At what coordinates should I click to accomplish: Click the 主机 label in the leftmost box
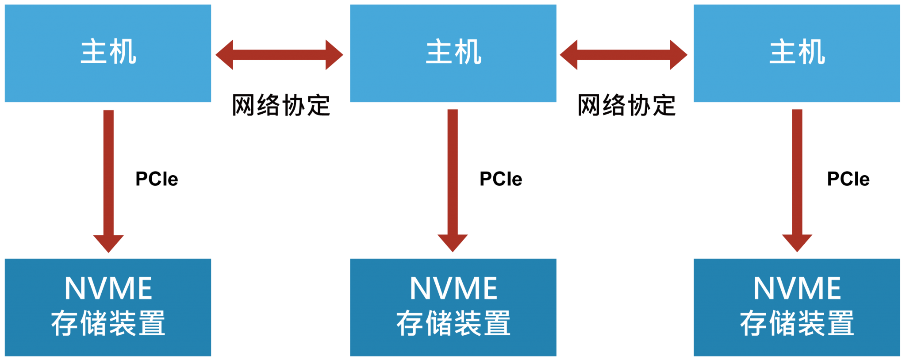(108, 52)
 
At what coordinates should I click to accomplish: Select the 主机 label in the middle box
(453, 52)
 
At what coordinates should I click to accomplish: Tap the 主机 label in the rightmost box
(797, 52)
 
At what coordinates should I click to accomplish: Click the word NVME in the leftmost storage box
(108, 288)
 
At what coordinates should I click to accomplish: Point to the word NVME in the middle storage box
(453, 288)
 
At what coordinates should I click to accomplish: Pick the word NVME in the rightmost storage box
(797, 288)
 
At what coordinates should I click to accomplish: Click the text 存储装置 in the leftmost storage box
(108, 323)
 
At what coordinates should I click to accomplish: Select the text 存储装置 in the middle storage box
(453, 323)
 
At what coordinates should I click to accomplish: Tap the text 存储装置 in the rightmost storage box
(797, 323)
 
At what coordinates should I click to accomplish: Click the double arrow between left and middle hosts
(279, 55)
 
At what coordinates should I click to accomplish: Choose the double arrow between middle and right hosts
(624, 55)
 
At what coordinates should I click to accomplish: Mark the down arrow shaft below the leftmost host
(108, 172)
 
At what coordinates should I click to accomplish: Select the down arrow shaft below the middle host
(453, 172)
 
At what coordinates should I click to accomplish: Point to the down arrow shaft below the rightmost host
(797, 172)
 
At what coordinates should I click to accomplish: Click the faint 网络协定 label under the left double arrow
(281, 105)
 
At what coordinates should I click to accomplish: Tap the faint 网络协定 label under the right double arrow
(626, 105)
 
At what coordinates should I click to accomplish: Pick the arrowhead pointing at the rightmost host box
(678, 55)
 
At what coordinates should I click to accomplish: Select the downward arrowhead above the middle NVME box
(453, 242)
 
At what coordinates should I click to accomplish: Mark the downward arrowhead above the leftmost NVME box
(108, 243)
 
